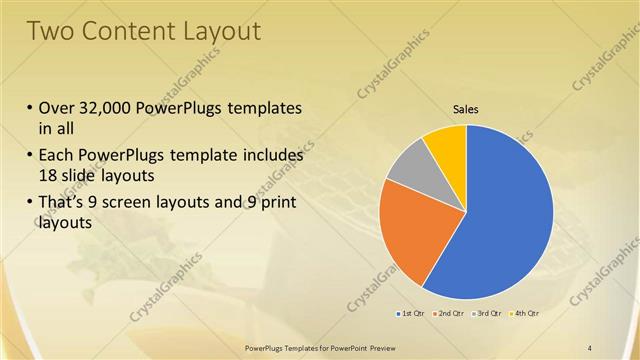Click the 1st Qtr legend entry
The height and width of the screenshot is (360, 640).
pos(411,314)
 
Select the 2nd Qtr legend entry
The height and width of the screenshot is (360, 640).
pos(452,314)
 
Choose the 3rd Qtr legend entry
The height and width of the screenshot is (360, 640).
pos(489,314)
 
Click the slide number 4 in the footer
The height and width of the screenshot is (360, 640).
pos(590,346)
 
